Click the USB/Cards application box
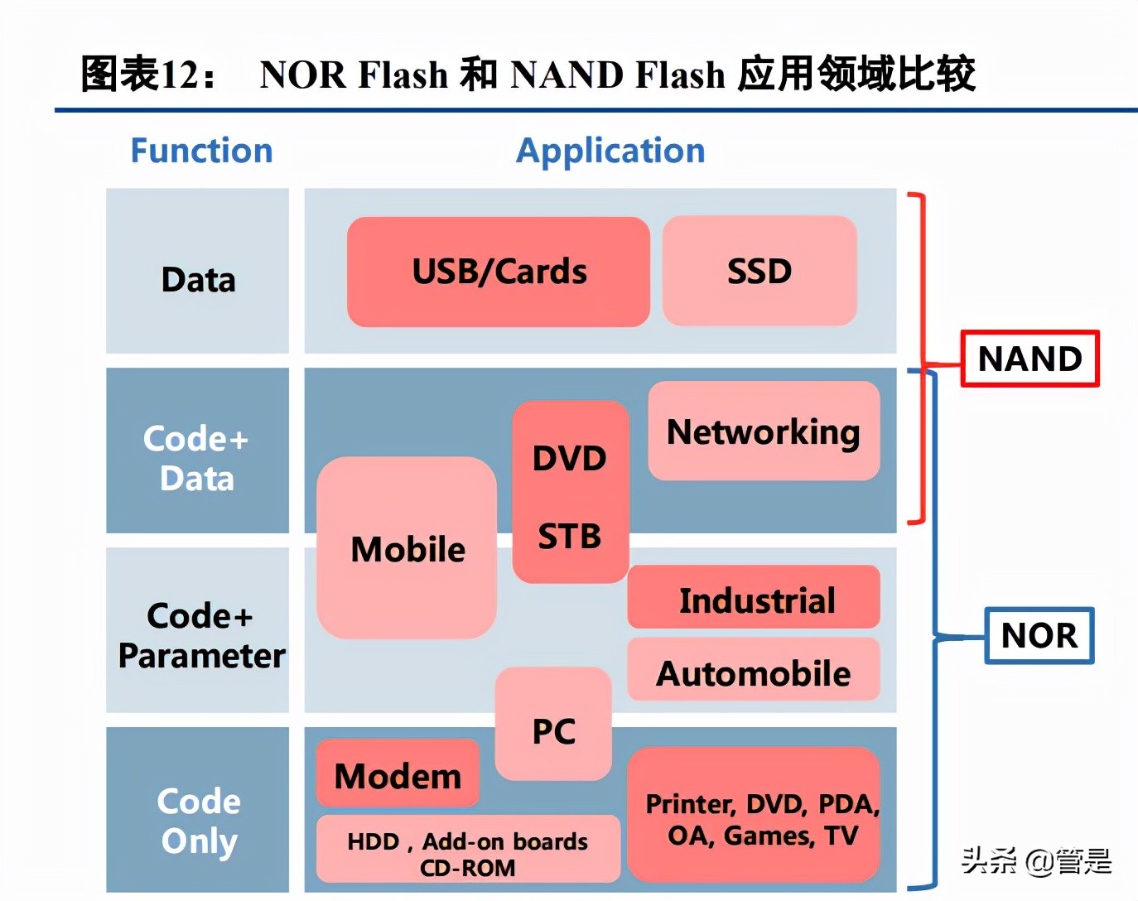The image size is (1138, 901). coord(499,272)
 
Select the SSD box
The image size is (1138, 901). coord(759,272)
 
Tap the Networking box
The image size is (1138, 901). coord(764,431)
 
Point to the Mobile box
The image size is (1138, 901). coord(407,548)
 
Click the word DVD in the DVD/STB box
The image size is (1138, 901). coord(570,458)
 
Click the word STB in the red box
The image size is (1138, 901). coord(570,537)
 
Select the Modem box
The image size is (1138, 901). coord(398,774)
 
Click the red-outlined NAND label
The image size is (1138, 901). coord(1030,359)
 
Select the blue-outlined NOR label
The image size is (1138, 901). coord(1039,635)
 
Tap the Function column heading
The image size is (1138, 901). coord(202,151)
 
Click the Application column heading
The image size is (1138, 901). coord(610,151)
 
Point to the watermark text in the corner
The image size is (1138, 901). coord(1036,861)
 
